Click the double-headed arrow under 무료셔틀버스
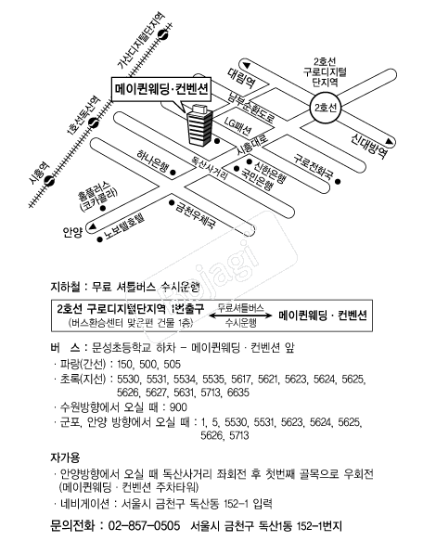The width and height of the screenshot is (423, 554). click(239, 315)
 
